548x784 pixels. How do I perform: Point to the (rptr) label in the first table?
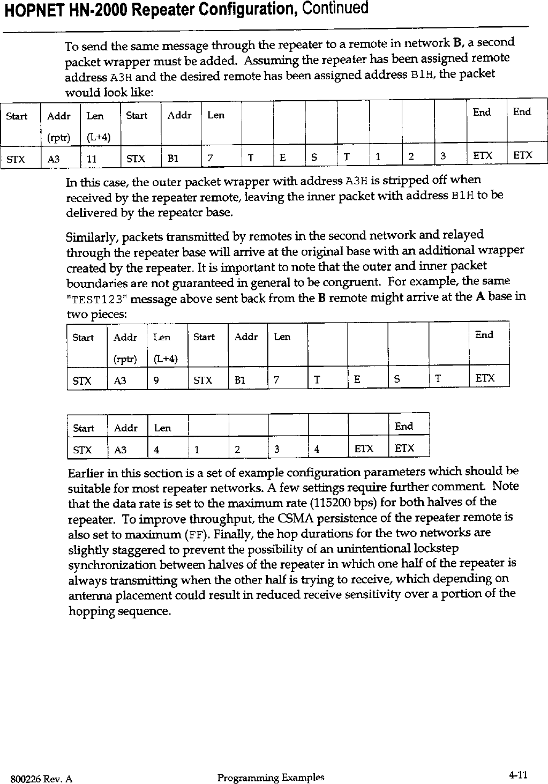coord(58,138)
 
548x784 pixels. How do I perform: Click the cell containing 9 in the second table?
coord(155,380)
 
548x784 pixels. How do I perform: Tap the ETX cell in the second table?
coord(485,378)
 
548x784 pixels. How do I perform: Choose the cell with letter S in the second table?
coord(397,379)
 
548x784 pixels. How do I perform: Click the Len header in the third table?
coord(162,428)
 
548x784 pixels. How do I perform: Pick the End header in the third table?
coord(404,426)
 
